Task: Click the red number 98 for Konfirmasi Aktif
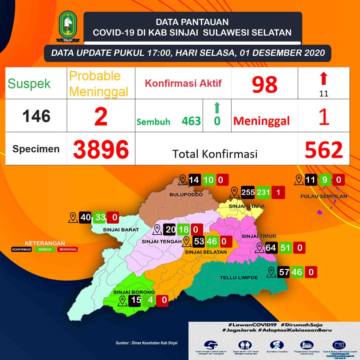point(264,84)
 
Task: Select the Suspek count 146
point(37,116)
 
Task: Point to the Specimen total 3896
point(101,149)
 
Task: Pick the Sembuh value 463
point(191,121)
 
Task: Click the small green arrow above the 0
point(217,107)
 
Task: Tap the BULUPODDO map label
point(181,194)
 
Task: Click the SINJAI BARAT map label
point(116,230)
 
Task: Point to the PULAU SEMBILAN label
point(324,196)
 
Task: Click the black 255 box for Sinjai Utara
point(248,193)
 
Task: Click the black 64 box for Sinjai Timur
point(271,248)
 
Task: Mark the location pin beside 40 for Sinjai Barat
point(73,218)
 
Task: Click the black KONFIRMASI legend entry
point(22,250)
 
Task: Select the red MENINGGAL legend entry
point(69,250)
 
